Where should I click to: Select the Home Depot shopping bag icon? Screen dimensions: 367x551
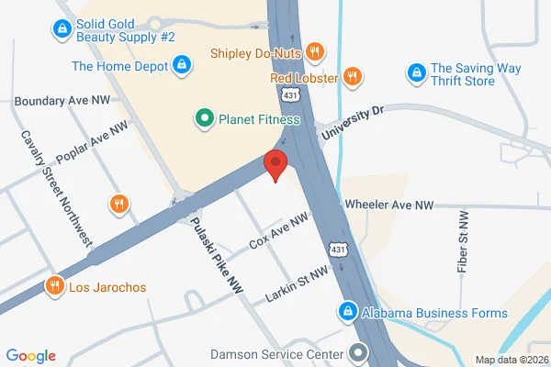182,65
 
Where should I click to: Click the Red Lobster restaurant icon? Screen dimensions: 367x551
351,76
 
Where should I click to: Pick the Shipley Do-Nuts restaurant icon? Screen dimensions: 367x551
314,52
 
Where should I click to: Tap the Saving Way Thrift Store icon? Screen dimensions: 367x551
416,71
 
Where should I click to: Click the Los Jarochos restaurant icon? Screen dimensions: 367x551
55,286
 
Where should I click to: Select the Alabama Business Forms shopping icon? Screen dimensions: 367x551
346,313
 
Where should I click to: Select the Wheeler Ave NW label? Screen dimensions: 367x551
388,205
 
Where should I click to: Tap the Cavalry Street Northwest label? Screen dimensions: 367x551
56,187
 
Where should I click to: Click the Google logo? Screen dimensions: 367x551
30,356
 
